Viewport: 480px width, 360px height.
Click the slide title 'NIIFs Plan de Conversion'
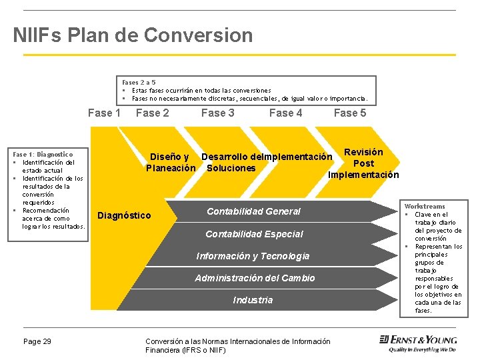pos(133,35)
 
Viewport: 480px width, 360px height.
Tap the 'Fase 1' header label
pos(104,113)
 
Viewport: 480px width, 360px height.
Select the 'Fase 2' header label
pos(153,113)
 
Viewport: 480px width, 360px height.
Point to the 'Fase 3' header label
pos(218,113)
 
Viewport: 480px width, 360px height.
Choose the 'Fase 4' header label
pos(285,113)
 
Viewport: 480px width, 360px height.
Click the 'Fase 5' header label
pos(350,113)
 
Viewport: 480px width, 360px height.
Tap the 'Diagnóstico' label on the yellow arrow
pos(124,215)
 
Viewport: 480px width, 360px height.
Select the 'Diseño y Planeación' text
pos(171,163)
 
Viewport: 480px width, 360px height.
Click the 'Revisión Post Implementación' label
pos(363,163)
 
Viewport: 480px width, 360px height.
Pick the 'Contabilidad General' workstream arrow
pos(253,211)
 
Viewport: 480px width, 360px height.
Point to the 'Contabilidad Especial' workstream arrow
pos(254,234)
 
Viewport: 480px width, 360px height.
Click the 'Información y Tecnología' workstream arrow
pos(253,256)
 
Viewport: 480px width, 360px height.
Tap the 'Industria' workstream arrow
pos(253,300)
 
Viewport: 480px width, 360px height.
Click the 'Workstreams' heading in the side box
pos(425,207)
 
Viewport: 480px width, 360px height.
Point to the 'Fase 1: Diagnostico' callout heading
pos(43,154)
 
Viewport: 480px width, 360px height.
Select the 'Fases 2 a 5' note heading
pos(139,82)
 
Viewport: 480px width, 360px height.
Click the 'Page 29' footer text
pos(37,342)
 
